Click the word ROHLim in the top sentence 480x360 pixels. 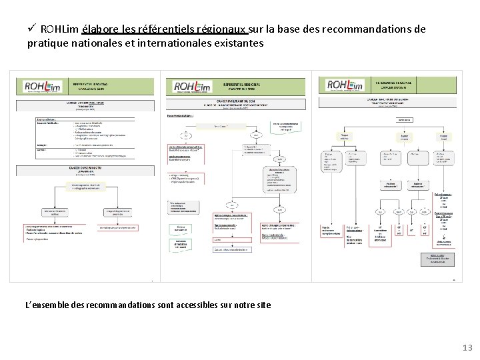(x=59, y=29)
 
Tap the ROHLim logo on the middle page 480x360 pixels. (x=193, y=87)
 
